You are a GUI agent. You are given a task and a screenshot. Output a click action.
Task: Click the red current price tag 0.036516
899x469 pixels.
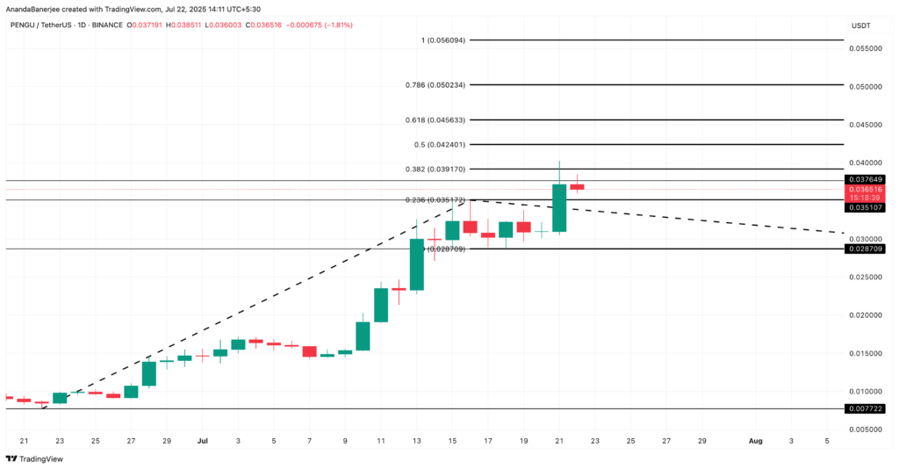point(865,190)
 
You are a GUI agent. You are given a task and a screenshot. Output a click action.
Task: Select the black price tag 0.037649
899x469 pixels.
point(865,180)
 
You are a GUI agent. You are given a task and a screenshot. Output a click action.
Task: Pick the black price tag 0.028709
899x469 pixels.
point(865,249)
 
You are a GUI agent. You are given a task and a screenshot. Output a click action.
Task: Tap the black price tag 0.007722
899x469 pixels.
point(865,409)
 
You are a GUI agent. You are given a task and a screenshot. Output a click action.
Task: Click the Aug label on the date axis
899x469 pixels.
point(755,441)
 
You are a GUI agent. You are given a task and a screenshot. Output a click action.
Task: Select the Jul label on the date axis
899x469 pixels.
point(203,441)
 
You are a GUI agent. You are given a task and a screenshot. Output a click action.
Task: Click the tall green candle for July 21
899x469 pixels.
point(559,207)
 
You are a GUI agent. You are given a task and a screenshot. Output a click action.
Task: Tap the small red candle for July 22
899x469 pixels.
point(577,186)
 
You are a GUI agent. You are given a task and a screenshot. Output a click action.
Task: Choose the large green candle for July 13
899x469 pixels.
point(417,263)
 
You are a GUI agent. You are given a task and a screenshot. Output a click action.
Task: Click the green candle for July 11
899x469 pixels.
point(381,305)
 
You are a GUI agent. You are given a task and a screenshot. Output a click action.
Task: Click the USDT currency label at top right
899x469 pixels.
point(860,25)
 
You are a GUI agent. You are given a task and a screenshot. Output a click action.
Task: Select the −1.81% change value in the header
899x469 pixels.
point(338,25)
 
